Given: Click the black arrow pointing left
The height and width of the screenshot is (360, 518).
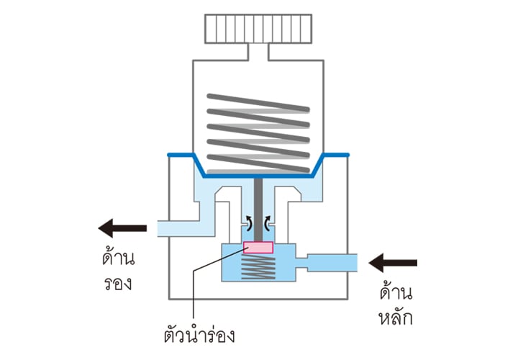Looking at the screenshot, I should tap(122, 229).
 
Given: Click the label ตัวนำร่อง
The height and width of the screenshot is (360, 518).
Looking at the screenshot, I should tap(199, 335).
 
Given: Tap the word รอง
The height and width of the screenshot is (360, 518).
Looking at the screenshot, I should tap(119, 283).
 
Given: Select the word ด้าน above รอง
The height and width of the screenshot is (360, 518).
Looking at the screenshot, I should tap(119, 258).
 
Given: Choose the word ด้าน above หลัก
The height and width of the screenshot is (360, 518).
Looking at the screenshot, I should tap(397, 292).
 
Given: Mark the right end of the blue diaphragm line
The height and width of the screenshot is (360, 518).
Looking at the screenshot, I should tap(349, 154).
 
